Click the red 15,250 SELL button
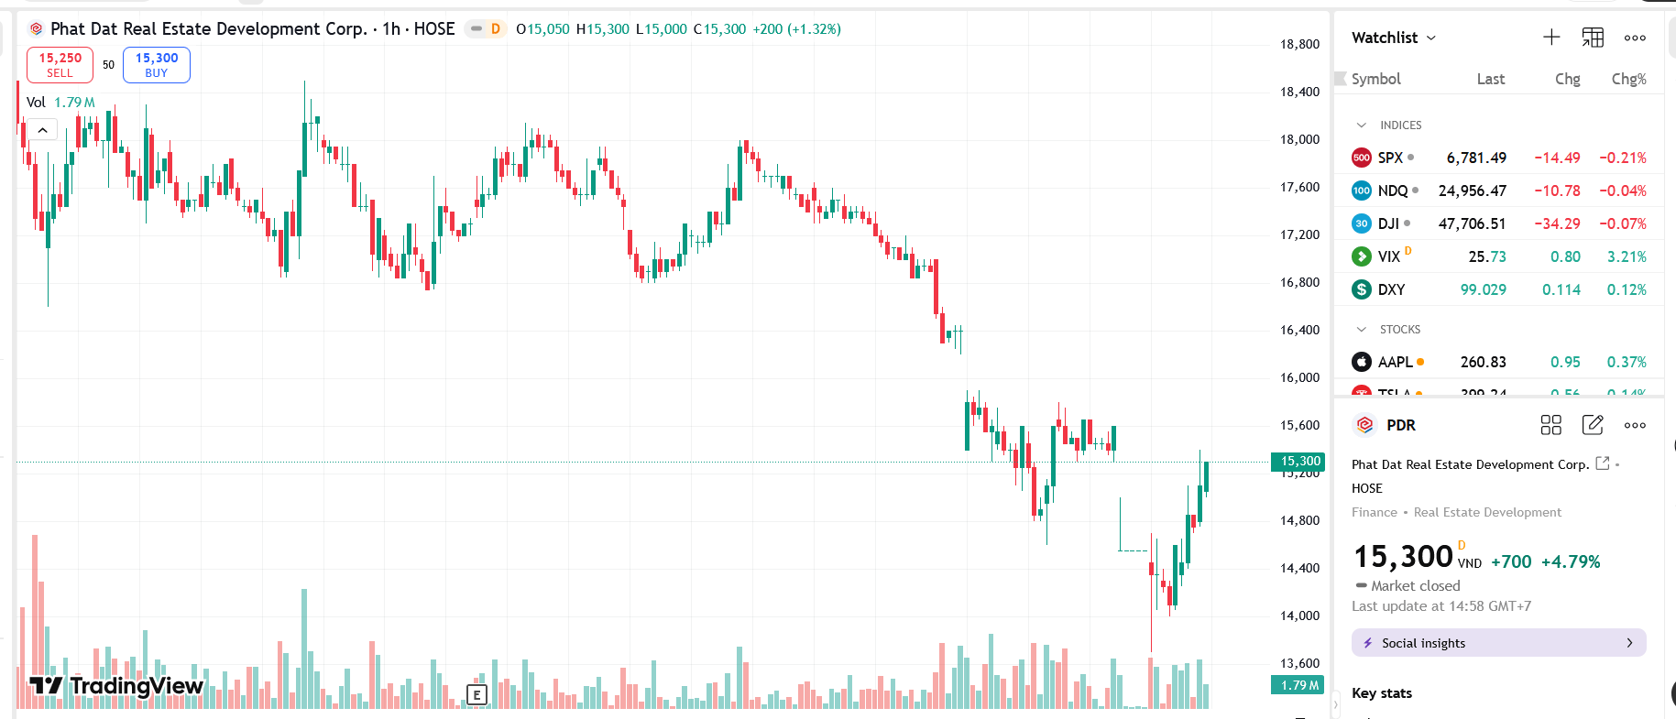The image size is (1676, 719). (x=60, y=65)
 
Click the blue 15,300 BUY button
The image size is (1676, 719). (x=157, y=65)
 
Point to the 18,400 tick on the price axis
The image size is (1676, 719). (x=1299, y=92)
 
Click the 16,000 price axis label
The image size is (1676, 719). (x=1299, y=377)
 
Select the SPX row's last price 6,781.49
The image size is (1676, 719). (x=1475, y=158)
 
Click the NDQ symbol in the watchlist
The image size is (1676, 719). (x=1392, y=191)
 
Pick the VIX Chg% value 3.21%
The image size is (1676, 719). (x=1626, y=256)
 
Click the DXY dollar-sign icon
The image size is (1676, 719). (x=1362, y=289)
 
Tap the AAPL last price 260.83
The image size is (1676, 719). (x=1483, y=362)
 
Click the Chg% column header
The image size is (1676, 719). (x=1628, y=79)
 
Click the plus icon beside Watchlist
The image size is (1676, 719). (x=1551, y=38)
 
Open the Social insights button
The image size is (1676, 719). (x=1498, y=643)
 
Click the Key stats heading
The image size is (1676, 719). (x=1381, y=693)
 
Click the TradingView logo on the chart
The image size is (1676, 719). (x=116, y=686)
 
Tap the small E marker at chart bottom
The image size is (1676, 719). (x=477, y=695)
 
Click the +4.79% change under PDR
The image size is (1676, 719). (x=1571, y=561)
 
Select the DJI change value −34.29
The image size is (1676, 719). (x=1557, y=223)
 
